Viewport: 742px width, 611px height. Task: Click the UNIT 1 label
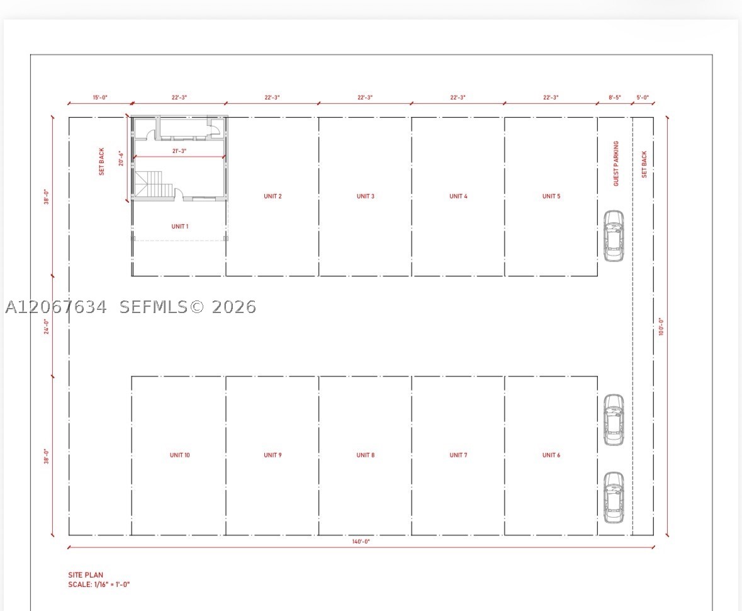[x=180, y=226]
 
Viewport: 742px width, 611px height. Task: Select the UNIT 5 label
[x=551, y=196]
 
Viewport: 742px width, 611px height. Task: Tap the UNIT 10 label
[x=180, y=455]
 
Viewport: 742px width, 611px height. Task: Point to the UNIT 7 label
[x=458, y=455]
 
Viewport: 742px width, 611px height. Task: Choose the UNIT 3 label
[x=365, y=196]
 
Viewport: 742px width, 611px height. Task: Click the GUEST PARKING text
[x=616, y=163]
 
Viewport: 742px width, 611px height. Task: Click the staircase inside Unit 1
[x=154, y=185]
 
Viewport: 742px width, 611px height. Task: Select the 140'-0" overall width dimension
[x=361, y=541]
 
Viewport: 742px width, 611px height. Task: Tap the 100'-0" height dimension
[x=661, y=327]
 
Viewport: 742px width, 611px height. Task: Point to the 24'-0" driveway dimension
[x=47, y=326]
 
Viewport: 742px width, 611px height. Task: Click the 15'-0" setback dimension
[x=100, y=98]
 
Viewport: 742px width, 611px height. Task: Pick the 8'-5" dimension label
[x=615, y=98]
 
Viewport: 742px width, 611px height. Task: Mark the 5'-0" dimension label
[x=643, y=98]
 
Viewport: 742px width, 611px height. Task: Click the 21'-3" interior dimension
[x=179, y=151]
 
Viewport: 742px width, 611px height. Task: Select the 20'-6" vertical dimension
[x=121, y=158]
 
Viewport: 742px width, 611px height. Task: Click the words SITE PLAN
[x=86, y=575]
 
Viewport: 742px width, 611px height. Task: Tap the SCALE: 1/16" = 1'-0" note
[x=99, y=585]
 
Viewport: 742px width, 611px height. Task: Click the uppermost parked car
[x=613, y=236]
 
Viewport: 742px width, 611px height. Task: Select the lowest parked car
[x=613, y=498]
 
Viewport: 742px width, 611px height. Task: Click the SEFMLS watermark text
[x=188, y=307]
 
